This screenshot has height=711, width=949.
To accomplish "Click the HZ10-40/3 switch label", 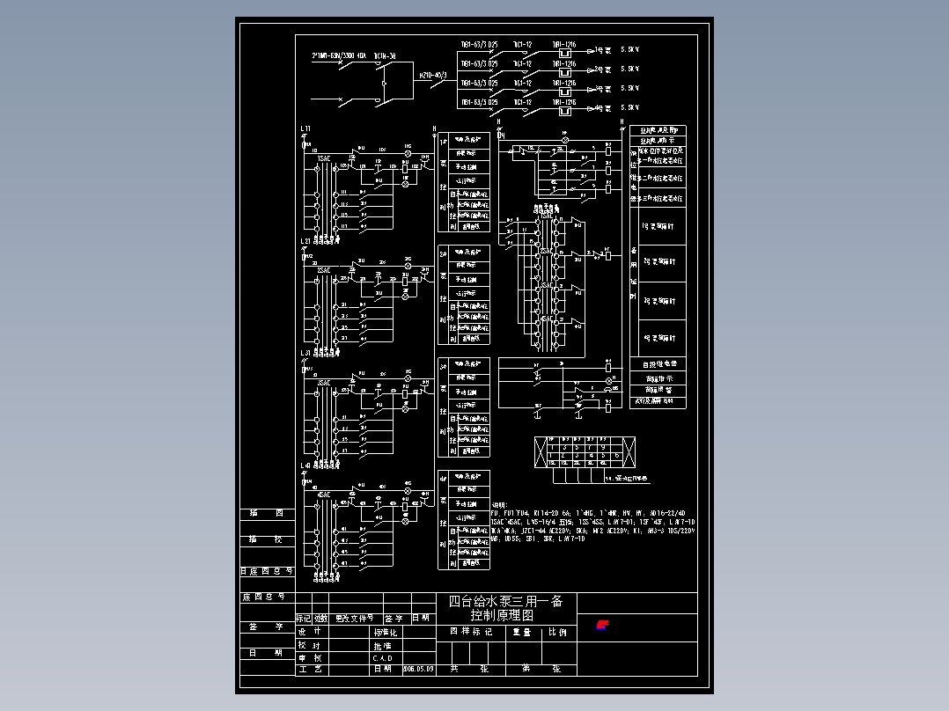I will pyautogui.click(x=433, y=76).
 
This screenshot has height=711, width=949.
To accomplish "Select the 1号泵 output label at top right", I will pyautogui.click(x=603, y=50).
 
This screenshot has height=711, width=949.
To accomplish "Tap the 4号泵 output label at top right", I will pyautogui.click(x=603, y=108).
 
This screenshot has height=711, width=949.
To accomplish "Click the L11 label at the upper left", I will pyautogui.click(x=305, y=128).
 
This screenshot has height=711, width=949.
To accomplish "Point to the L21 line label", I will pyautogui.click(x=305, y=241).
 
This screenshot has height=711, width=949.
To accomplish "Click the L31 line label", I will pyautogui.click(x=305, y=353).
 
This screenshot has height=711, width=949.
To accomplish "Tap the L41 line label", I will pyautogui.click(x=305, y=465).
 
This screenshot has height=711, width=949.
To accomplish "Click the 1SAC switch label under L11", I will pyautogui.click(x=324, y=158).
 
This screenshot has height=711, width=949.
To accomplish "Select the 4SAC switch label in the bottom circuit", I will pyautogui.click(x=324, y=495).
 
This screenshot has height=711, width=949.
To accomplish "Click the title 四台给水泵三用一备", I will pyautogui.click(x=505, y=602).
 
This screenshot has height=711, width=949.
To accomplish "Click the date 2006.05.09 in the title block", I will pyautogui.click(x=418, y=669).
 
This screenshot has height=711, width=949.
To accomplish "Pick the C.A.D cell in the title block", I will pyautogui.click(x=382, y=657).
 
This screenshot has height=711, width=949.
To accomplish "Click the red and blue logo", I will pyautogui.click(x=602, y=626).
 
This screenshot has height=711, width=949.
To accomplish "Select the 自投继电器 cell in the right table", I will pyautogui.click(x=658, y=363).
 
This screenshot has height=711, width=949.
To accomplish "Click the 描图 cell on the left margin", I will pyautogui.click(x=265, y=513).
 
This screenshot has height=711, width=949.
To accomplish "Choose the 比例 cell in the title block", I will pyautogui.click(x=557, y=632).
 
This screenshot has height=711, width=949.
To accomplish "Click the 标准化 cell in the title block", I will pyautogui.click(x=386, y=632).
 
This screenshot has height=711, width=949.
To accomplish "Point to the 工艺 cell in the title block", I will pyautogui.click(x=309, y=669).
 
